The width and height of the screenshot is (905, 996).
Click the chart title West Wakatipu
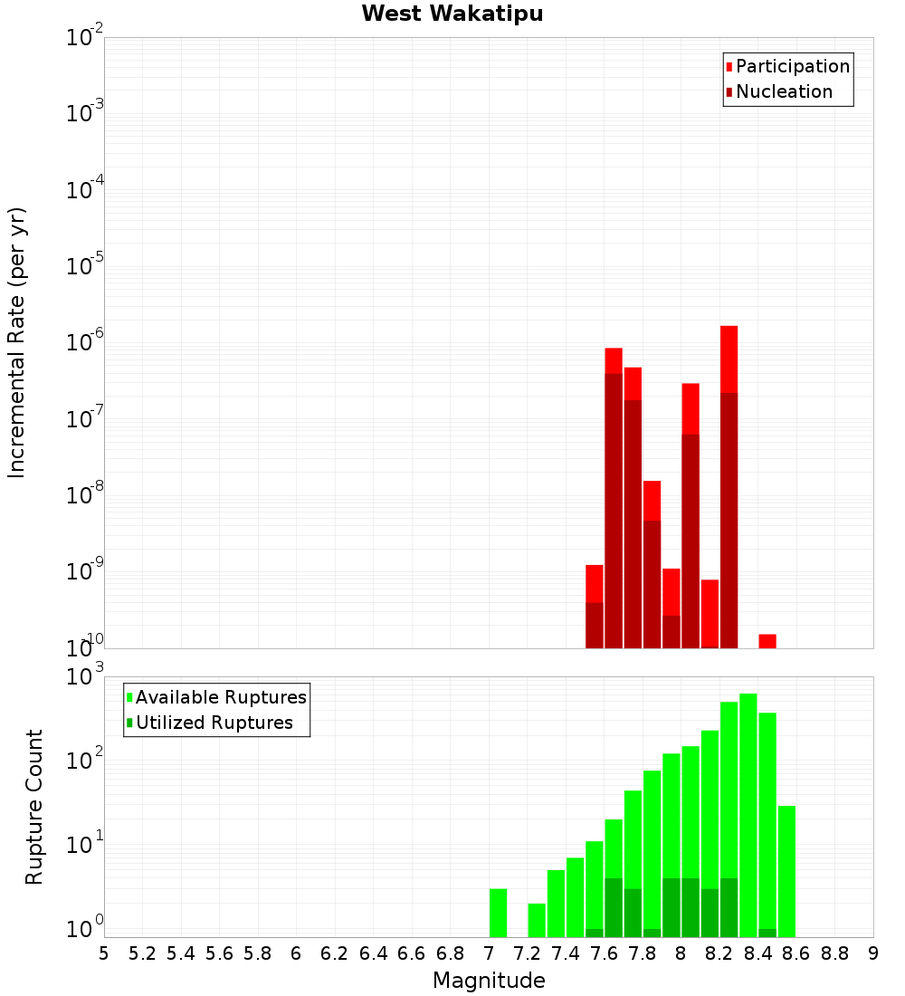coord(452,14)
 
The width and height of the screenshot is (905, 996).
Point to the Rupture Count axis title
coord(34,807)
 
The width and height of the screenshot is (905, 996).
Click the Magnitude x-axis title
coord(489,981)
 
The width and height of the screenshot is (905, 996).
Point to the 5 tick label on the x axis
coord(104,953)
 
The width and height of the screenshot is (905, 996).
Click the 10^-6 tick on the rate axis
coord(85,342)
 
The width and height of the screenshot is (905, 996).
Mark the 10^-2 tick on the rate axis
coord(85,38)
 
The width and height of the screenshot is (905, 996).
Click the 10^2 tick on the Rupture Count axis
coord(85,761)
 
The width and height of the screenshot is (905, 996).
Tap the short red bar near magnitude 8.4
coord(767,641)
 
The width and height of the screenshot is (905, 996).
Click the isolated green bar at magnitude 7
coord(498,913)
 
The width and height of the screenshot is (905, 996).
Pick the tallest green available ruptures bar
coord(748,815)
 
